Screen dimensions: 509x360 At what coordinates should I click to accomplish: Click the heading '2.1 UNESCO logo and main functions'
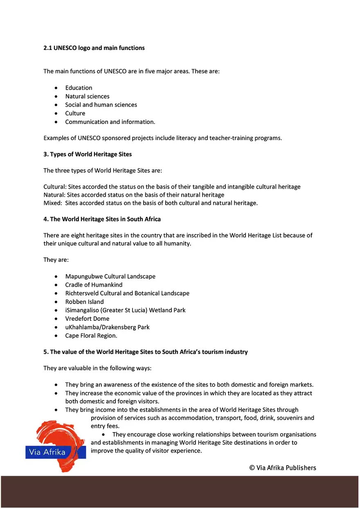pos(94,48)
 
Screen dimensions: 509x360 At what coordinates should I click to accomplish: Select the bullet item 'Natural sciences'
pos(87,97)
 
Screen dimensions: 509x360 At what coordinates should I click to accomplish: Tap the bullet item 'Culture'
pos(75,113)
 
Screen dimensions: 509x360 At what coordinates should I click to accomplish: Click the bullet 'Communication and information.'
pos(110,122)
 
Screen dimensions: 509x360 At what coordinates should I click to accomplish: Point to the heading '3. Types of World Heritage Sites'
pos(88,154)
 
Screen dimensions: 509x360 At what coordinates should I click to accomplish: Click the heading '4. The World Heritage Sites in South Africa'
pos(102,219)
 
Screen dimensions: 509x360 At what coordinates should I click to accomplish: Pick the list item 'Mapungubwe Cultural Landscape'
pos(110,277)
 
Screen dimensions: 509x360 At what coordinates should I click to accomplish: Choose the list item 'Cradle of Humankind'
pos(94,285)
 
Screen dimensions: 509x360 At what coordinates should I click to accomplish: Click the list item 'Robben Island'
pos(84,302)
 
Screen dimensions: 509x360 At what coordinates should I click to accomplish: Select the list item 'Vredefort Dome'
pos(87,319)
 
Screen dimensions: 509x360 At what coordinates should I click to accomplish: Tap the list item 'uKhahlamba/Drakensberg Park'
pos(107,327)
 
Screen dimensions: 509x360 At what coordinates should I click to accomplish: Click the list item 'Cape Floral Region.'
pos(91,336)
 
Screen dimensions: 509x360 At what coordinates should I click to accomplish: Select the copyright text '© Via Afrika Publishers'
pos(283,468)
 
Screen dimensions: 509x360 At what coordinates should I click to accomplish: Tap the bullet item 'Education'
pos(79,88)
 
